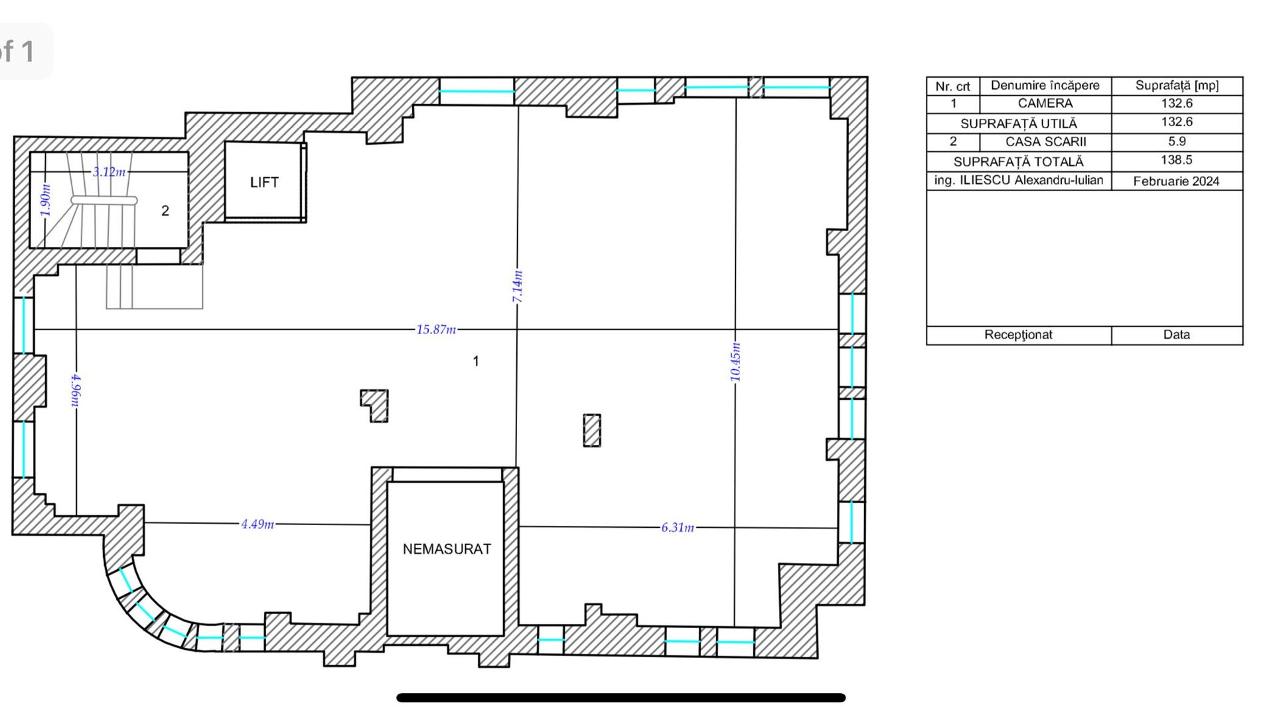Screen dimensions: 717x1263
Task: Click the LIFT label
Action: point(264,183)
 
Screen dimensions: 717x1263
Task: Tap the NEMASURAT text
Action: point(447,549)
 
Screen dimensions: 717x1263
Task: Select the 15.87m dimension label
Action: point(436,329)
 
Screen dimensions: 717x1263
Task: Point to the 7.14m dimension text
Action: point(518,287)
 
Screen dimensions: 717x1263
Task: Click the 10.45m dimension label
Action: point(735,362)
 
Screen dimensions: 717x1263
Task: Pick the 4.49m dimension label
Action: point(258,524)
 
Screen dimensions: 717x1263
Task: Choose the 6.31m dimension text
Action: point(678,527)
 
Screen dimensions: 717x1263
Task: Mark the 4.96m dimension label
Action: point(76,390)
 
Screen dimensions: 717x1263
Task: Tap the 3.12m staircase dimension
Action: point(109,172)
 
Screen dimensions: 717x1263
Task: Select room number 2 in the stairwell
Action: point(165,211)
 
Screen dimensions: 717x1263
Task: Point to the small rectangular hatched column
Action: point(592,430)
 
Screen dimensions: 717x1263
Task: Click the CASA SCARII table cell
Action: point(1045,141)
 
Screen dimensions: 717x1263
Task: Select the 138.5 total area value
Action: point(1176,160)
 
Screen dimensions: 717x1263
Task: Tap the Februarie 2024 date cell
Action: point(1176,181)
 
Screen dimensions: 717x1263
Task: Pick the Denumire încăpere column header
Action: point(1045,86)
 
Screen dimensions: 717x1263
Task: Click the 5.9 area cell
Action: point(1176,141)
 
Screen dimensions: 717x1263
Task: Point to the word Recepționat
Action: point(1018,335)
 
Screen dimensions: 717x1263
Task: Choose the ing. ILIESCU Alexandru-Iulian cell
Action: point(1019,181)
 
